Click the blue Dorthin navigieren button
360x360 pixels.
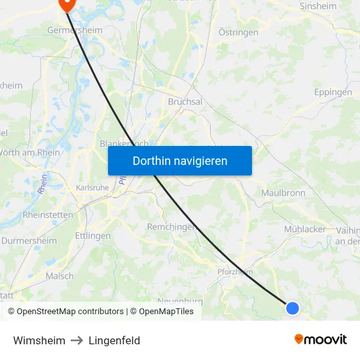coord(180,160)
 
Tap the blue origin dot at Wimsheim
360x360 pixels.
coord(293,308)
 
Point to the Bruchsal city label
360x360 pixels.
coord(185,102)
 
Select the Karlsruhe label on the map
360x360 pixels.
coord(92,188)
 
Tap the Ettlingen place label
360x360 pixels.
coord(93,236)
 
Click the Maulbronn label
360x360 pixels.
coord(283,193)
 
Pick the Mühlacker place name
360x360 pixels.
coord(305,229)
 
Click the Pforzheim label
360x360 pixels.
coord(235,272)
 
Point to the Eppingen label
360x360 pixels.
coord(333,92)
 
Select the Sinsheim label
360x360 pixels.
coord(317,6)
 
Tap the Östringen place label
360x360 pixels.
coord(238,32)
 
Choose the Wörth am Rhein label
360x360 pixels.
coord(30,153)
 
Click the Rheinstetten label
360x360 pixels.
coord(48,214)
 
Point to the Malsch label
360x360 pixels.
coord(60,276)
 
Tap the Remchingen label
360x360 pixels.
coord(172,226)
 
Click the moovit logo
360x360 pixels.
coord(320,339)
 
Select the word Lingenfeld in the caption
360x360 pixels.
coord(115,340)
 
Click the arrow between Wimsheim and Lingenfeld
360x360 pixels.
coord(77,340)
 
